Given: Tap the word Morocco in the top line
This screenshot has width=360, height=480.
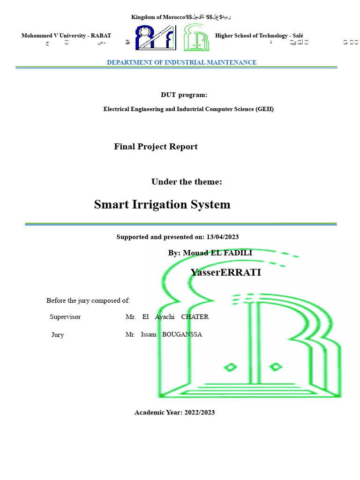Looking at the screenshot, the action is coord(172,17).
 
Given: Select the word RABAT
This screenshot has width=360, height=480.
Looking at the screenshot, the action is coord(101,36).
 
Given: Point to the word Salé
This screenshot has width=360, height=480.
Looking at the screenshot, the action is coord(296,36).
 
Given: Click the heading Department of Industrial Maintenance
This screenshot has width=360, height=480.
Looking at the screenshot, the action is coord(181,62).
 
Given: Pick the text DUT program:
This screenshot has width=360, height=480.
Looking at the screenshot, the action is coord(184,95).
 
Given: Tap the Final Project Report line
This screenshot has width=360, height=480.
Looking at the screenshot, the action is coord(156,147).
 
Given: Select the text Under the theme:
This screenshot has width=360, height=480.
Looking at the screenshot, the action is coord(187,182).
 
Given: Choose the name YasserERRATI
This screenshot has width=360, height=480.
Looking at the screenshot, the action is coord(225,272).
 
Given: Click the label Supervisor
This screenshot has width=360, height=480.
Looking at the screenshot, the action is coord(65,317).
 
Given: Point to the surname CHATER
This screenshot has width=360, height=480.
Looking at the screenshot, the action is coord(195,317).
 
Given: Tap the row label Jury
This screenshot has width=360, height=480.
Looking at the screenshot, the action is coord(58,335).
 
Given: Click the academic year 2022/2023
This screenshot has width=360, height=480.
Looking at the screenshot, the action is coord(200,412).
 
